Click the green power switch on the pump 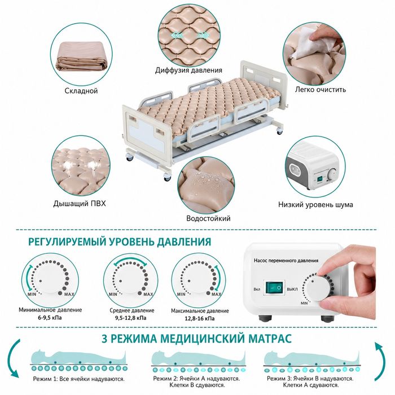tap(274, 287)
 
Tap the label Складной tap(81, 91)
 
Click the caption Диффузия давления tap(188, 70)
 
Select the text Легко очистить tap(321, 89)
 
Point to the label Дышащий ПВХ tap(80, 204)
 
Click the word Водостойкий tap(208, 218)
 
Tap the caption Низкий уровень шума tap(315, 204)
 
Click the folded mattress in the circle tap(81, 56)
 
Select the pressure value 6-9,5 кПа tap(50, 318)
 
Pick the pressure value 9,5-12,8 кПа tap(131, 318)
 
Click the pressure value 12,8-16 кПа tap(200, 318)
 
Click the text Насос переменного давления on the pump tap(286, 261)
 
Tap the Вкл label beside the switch tap(257, 289)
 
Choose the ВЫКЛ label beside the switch tap(292, 289)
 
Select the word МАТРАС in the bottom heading tap(270, 338)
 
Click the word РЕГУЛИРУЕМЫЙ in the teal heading tap(67, 242)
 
